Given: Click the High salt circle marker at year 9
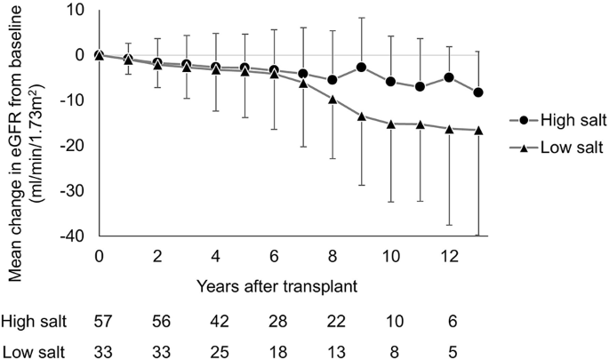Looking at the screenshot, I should (362, 68).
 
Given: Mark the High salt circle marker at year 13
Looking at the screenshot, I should (478, 92).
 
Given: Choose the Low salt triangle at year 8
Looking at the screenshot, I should (333, 99).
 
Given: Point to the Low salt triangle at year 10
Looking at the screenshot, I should (391, 124).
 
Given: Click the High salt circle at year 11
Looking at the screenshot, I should (420, 86).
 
